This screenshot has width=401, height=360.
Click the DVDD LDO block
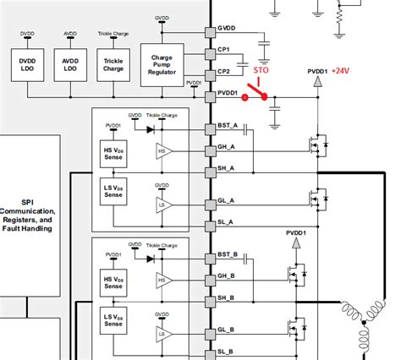pyautogui.click(x=25, y=66)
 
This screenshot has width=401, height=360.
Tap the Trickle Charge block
pyautogui.click(x=113, y=66)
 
